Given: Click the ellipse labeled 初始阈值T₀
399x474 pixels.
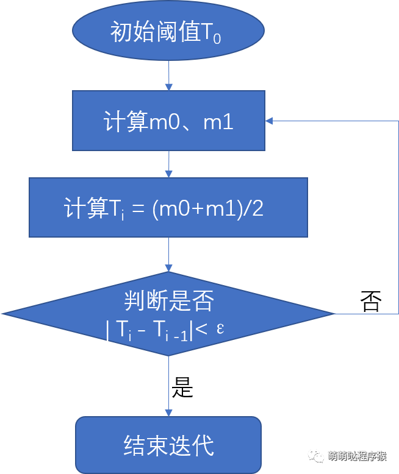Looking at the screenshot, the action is (x=168, y=30).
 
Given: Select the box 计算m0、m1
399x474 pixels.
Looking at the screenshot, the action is (x=168, y=121).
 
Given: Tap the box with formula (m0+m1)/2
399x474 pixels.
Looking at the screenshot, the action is (x=168, y=207).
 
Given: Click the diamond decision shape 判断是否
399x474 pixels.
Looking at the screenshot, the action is (x=168, y=314).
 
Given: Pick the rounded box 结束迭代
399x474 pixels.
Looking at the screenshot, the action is (x=168, y=445).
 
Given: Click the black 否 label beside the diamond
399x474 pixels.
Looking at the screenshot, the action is (x=370, y=301).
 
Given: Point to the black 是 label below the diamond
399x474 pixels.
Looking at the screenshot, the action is (x=182, y=387).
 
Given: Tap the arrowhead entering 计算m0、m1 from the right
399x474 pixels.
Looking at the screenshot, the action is (x=269, y=121).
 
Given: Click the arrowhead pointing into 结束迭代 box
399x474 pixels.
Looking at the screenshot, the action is (x=168, y=413).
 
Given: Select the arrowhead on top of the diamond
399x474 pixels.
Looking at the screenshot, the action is (x=168, y=268).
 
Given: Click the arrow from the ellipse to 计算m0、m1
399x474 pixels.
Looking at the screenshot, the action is (x=168, y=76).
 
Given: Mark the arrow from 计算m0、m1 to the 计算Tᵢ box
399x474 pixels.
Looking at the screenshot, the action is (x=168, y=164).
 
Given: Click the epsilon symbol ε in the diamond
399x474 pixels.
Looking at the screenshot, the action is (x=220, y=328).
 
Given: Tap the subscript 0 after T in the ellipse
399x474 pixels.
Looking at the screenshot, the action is (x=217, y=39).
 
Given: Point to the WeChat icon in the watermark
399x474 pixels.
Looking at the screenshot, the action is (x=317, y=456).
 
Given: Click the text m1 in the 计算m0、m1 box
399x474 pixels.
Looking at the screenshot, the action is (x=218, y=121).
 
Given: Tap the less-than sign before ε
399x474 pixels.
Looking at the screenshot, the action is (x=201, y=328).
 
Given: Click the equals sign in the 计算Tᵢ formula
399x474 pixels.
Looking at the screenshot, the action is (x=138, y=208).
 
